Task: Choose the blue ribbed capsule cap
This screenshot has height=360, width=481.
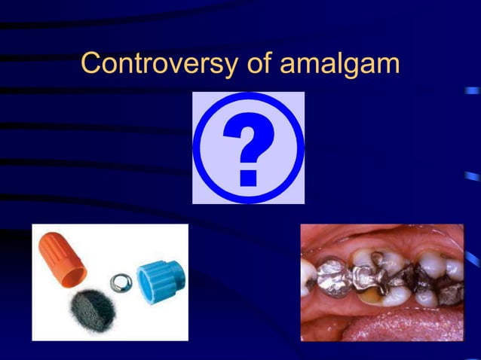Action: tap(161, 275)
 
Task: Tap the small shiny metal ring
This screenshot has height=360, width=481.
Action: tap(118, 282)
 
